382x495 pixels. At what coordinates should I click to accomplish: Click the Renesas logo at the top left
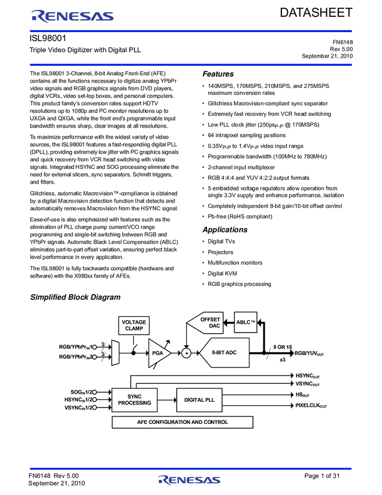(73, 17)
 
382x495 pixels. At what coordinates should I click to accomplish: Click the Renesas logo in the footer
(190, 480)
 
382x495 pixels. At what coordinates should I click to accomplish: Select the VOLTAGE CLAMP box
(133, 325)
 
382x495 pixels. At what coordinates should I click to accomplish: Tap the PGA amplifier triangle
(158, 353)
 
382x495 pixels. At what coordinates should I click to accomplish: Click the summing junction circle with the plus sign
(187, 353)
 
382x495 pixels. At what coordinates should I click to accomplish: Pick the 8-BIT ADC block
(223, 353)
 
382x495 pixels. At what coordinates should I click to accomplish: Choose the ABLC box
(245, 322)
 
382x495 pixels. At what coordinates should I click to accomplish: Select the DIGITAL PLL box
(199, 399)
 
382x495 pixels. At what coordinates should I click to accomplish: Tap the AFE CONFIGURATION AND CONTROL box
(183, 422)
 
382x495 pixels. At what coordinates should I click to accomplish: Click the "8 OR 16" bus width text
(283, 346)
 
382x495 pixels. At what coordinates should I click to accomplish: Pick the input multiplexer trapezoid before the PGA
(115, 353)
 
